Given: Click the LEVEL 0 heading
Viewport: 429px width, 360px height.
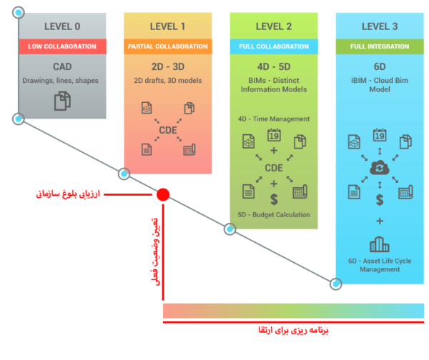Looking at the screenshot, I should (62, 26).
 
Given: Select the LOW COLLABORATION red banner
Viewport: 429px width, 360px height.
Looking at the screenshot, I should (62, 46).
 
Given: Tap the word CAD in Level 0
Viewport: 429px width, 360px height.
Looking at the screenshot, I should (62, 66).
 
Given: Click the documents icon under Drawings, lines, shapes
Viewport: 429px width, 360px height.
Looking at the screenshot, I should (63, 102).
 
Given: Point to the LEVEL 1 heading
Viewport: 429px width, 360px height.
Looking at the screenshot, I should (167, 26).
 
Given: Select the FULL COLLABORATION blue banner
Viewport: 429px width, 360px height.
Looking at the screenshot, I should (273, 46).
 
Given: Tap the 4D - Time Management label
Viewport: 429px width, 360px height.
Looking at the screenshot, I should (274, 119).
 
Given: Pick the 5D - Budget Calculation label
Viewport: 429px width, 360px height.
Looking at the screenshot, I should (274, 214).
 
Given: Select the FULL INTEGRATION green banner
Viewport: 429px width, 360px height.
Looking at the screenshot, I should (379, 46).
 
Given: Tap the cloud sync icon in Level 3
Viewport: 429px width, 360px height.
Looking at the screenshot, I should (379, 166).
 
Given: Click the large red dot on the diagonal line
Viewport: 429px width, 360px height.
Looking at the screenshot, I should (163, 194).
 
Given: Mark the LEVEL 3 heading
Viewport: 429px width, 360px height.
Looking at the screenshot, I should (379, 26).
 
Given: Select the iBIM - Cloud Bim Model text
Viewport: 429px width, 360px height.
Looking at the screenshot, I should (379, 85).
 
